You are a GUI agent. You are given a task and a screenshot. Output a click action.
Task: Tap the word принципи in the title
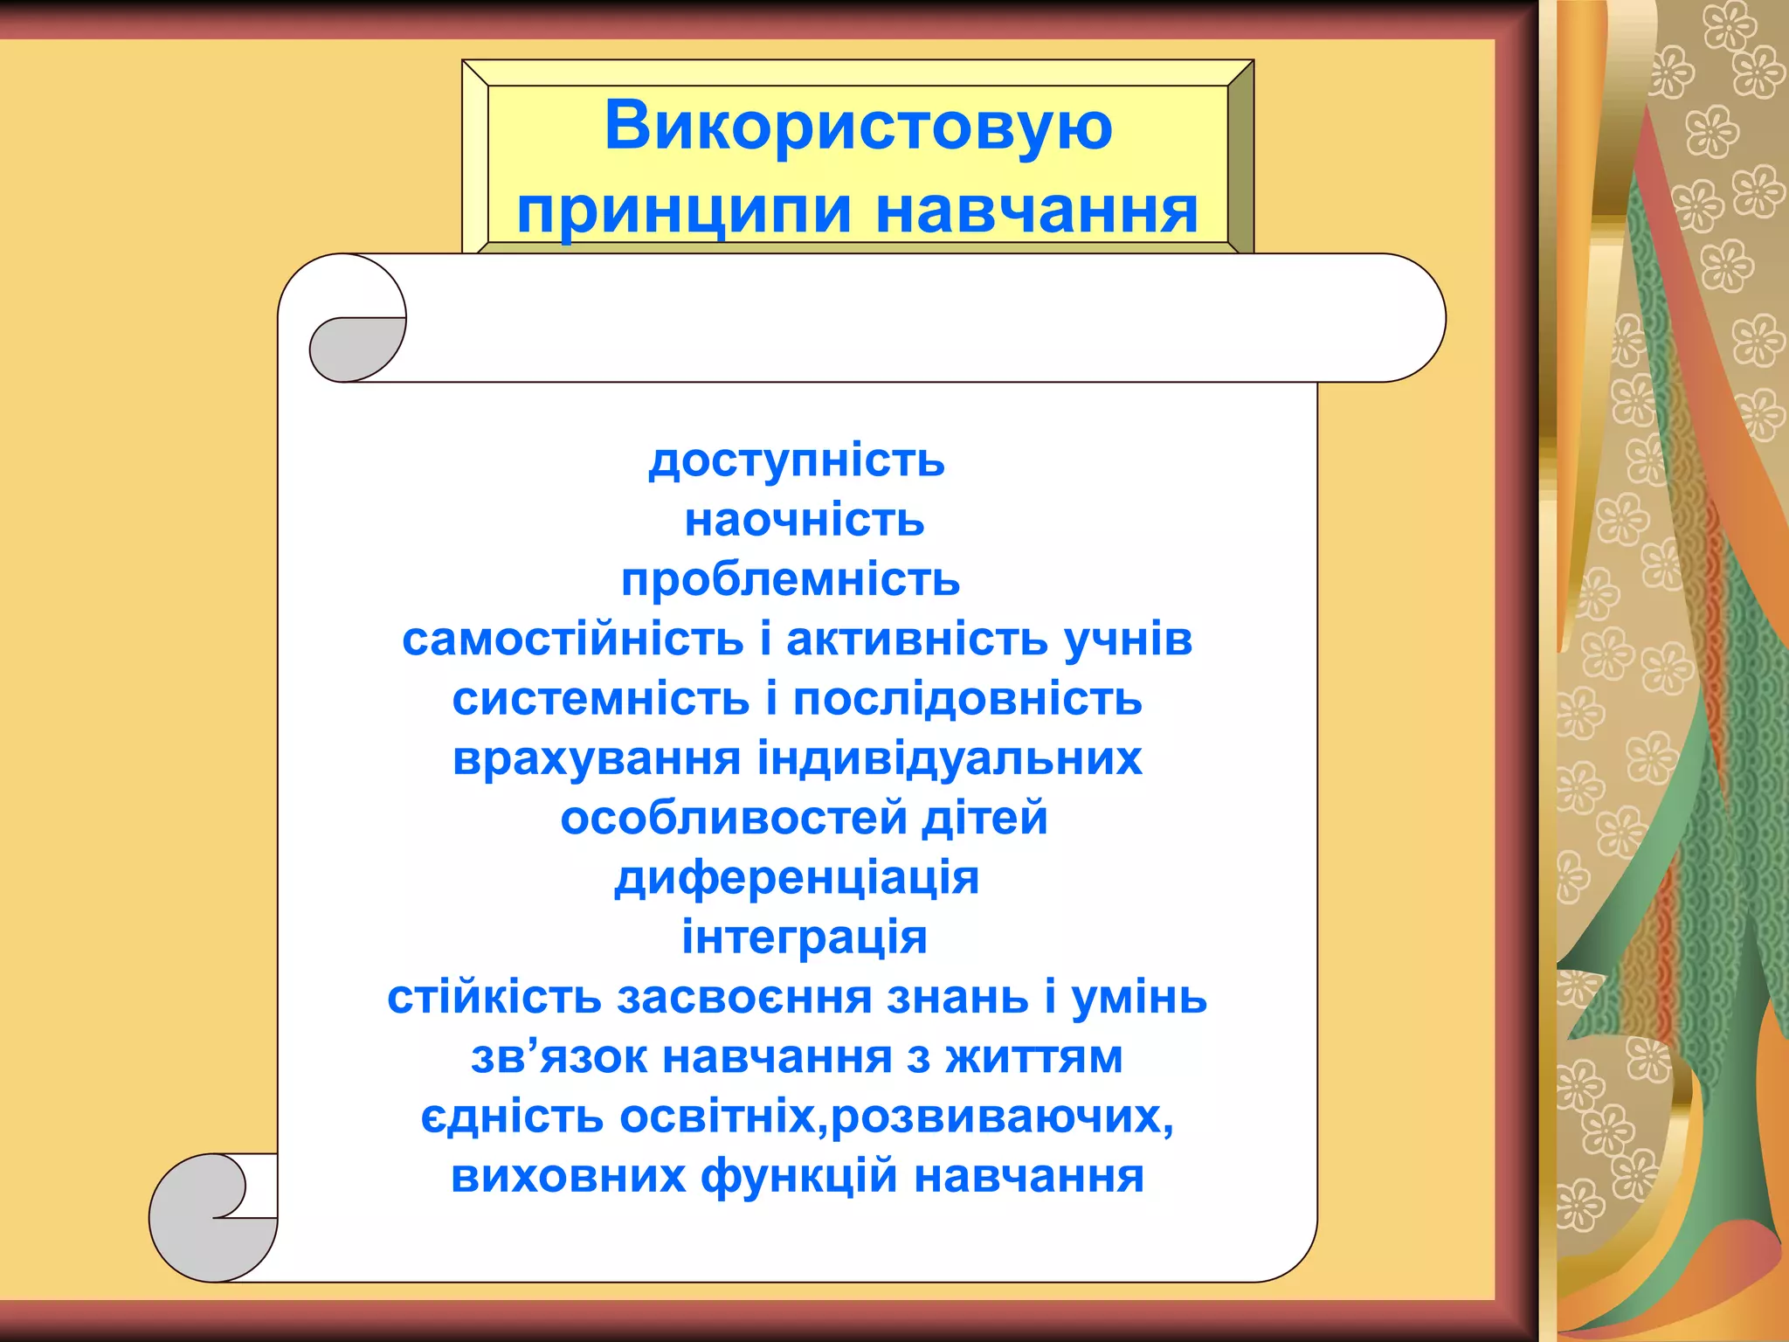[684, 212]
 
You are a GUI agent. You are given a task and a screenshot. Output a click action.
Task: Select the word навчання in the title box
[1037, 212]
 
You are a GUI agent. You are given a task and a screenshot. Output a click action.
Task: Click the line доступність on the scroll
[797, 460]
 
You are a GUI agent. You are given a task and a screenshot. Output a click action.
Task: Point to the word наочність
[804, 521]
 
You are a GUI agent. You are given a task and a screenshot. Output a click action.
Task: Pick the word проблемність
[791, 580]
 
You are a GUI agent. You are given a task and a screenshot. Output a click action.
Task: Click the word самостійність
[572, 640]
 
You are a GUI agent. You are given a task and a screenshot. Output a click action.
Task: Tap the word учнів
[1128, 640]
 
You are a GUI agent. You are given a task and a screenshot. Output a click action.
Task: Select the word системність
[601, 699]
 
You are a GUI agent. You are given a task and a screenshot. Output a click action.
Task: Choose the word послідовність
[967, 699]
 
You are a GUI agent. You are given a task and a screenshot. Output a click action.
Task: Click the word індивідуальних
[950, 758]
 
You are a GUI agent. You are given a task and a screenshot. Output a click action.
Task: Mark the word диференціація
[797, 878]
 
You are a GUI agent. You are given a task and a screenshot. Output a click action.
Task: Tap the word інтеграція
[804, 937]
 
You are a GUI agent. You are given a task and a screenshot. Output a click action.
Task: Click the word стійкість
[494, 998]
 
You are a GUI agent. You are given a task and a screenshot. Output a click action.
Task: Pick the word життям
[1034, 1057]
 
